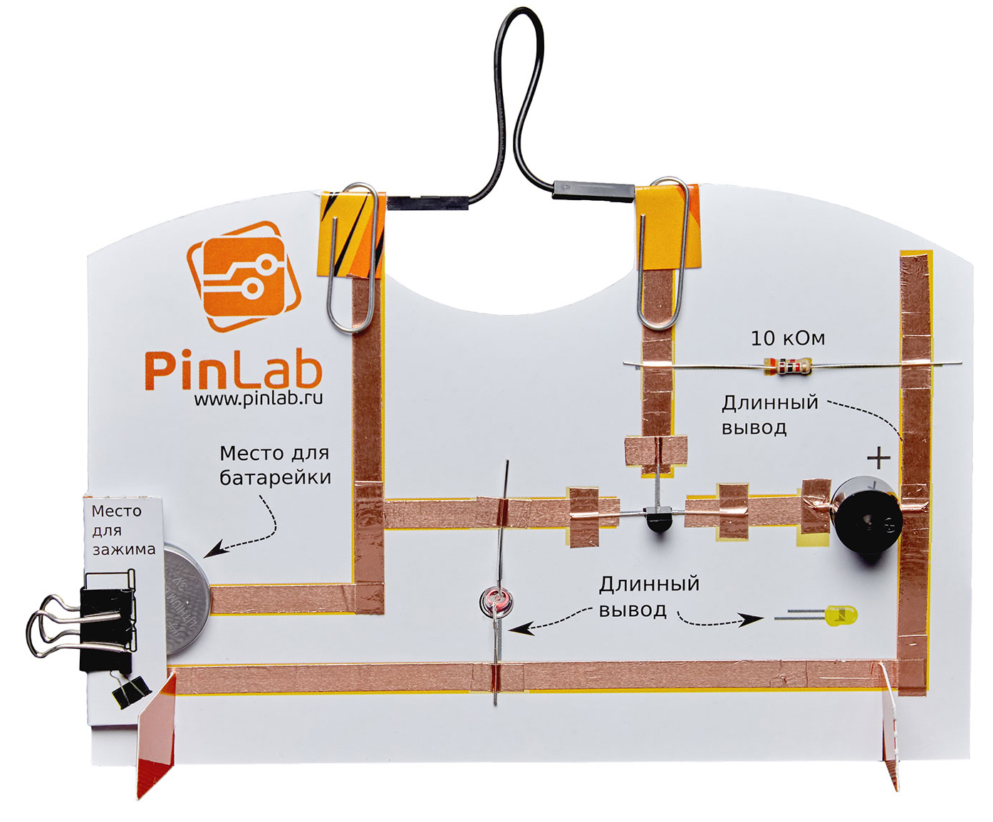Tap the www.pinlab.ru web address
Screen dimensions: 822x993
pyautogui.click(x=258, y=399)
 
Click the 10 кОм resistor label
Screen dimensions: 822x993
pyautogui.click(x=788, y=338)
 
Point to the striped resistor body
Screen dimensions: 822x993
pyautogui.click(x=787, y=366)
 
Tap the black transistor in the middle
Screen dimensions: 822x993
pyautogui.click(x=656, y=518)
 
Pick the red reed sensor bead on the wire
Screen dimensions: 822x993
pyautogui.click(x=496, y=602)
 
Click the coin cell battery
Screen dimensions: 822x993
pyautogui.click(x=187, y=600)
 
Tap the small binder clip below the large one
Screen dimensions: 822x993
pyautogui.click(x=130, y=690)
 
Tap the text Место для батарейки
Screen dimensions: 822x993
pyautogui.click(x=275, y=465)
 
